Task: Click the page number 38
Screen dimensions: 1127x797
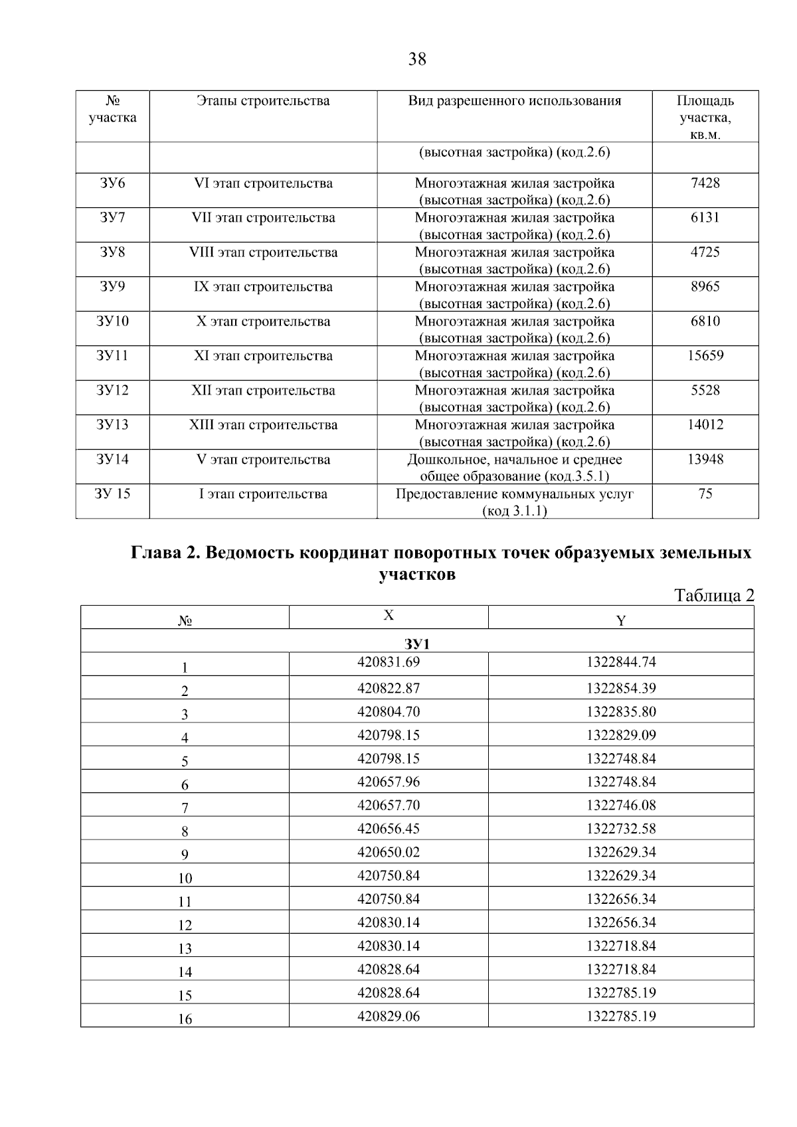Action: pos(417,60)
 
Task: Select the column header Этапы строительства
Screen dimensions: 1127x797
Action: pos(263,101)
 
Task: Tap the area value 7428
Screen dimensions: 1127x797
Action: pos(705,183)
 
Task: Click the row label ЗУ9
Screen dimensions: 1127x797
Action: pos(112,287)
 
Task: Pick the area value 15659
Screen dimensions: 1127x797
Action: pos(705,356)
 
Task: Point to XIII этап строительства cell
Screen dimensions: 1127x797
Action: pos(263,425)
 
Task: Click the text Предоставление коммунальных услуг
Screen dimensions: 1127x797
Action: pos(514,494)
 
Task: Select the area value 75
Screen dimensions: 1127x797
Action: pos(705,494)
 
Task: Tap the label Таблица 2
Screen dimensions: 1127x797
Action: pos(714,595)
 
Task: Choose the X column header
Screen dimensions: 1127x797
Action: pos(389,616)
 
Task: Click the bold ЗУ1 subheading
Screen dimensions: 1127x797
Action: pos(417,644)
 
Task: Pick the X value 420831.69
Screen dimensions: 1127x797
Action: pos(389,662)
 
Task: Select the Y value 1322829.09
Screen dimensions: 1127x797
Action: pos(620,735)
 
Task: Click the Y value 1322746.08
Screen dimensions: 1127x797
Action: pos(620,806)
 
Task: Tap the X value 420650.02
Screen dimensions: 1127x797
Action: pos(389,852)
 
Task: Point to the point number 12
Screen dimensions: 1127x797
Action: pos(185,925)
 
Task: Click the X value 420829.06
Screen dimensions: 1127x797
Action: pos(389,1016)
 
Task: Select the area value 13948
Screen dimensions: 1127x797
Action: pos(705,460)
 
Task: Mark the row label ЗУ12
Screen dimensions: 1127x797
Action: pos(112,390)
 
